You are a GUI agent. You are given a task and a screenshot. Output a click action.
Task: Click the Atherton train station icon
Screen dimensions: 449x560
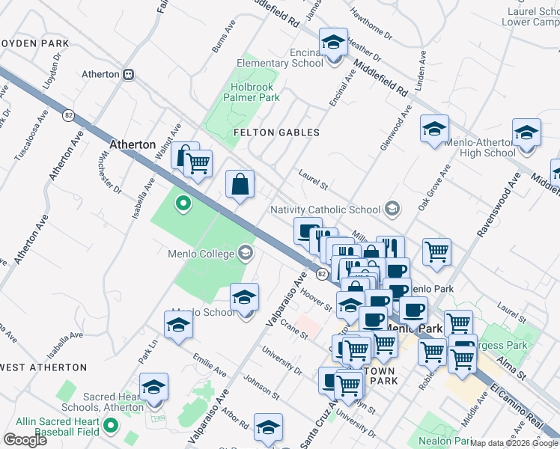pyautogui.click(x=129, y=74)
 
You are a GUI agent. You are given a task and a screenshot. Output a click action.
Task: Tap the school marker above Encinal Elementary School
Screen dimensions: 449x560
pyautogui.click(x=333, y=42)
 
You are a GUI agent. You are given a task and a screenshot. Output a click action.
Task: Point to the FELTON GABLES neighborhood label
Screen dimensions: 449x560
pyautogui.click(x=276, y=132)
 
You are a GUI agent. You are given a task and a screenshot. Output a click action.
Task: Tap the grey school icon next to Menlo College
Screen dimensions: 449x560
pyautogui.click(x=245, y=253)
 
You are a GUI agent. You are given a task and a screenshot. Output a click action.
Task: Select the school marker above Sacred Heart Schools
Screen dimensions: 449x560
pyautogui.click(x=153, y=387)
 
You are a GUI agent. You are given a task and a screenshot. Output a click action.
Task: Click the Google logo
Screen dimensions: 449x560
pyautogui.click(x=25, y=439)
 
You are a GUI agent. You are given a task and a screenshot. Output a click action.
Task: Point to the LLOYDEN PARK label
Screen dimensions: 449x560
pyautogui.click(x=35, y=43)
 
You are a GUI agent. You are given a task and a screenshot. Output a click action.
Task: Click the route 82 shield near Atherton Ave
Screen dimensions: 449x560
pyautogui.click(x=69, y=115)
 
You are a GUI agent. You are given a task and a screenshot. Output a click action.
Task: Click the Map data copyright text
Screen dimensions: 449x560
pyautogui.click(x=514, y=443)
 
